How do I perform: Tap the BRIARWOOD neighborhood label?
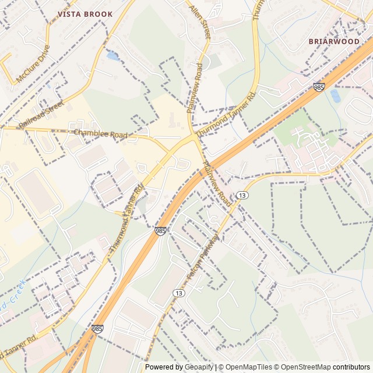(x=334, y=41)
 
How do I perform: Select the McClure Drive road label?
(x=34, y=64)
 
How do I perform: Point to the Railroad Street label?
(x=41, y=114)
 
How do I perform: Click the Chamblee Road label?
(x=100, y=134)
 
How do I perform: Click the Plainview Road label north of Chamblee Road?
(x=195, y=87)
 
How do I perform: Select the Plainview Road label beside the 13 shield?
(x=217, y=183)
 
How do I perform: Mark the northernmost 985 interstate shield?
(x=318, y=87)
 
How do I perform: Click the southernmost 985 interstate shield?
(x=97, y=329)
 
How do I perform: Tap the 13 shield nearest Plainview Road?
(x=241, y=194)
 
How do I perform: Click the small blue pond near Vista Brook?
(x=112, y=57)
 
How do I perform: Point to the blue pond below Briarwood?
(x=335, y=96)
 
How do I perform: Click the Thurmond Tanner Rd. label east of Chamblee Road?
(x=226, y=115)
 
